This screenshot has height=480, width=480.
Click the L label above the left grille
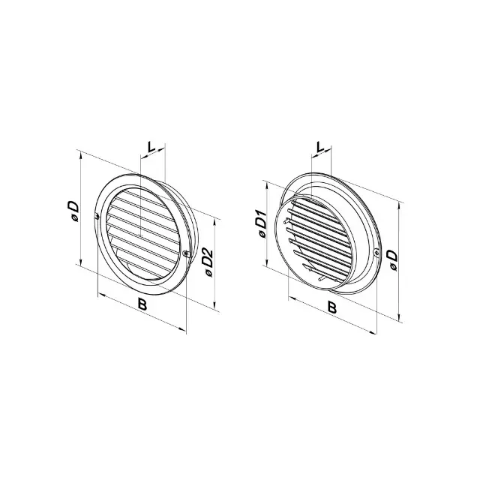151,147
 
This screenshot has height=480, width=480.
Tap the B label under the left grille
142,304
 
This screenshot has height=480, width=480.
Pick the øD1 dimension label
262,223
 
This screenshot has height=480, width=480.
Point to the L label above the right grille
320,147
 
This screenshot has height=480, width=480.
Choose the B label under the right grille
332,307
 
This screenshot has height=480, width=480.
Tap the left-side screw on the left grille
97,217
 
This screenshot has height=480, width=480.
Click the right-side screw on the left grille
185,253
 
